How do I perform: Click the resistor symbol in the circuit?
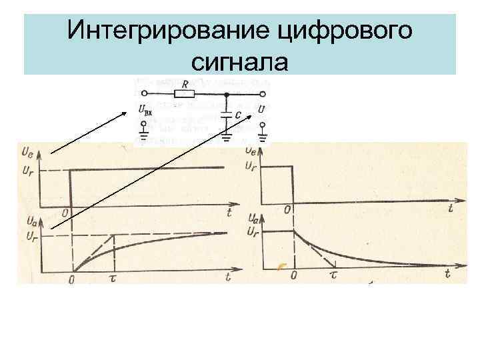point(185,94)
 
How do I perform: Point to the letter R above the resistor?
point(185,84)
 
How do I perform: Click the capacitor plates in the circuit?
point(227,115)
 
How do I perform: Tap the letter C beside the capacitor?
point(239,115)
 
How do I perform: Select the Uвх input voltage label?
point(145,109)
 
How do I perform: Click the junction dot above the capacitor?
point(227,94)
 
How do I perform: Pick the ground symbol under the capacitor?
point(227,138)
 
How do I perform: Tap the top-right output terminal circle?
point(264,94)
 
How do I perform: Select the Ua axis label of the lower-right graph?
point(253,218)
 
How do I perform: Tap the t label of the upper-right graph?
point(451,209)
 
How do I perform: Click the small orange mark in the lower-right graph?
point(282,267)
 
